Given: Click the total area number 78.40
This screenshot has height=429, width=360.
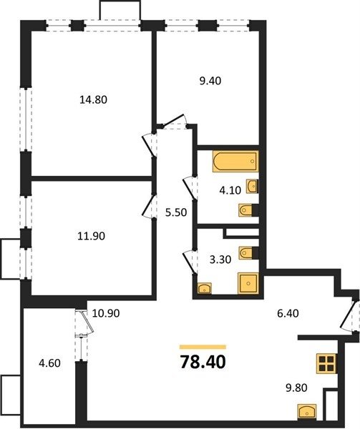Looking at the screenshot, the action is coord(203,362).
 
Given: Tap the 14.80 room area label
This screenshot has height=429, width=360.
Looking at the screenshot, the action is coord(93,99).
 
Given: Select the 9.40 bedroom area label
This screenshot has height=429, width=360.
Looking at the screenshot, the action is coord(210,81).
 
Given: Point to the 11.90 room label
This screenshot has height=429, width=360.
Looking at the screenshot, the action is coord(91,236).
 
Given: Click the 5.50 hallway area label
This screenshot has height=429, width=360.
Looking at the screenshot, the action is coord(176,212).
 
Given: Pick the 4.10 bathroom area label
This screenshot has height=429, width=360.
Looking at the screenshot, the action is coord(230,190).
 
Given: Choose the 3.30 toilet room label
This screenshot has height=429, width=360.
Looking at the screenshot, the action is coord(220,259).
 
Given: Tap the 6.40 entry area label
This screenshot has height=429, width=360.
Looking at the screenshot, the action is coord(288,313).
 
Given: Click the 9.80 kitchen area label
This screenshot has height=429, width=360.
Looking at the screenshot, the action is coord(296,388).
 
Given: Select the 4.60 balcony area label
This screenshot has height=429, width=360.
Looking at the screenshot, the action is coord(49,363).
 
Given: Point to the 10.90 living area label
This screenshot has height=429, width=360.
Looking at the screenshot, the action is coord(106,313).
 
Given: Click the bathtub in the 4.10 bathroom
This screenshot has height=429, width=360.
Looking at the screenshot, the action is coord(235,161).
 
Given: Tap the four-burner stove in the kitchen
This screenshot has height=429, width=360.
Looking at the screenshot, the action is coord(327,363).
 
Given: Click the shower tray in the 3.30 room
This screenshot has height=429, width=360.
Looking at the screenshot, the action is coord(248,283).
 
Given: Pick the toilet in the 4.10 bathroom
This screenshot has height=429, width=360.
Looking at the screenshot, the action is coord(248,210).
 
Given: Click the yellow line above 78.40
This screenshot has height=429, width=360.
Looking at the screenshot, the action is coord(203,347).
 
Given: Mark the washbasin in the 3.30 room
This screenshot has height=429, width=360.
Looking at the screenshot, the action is coord(204,288).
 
